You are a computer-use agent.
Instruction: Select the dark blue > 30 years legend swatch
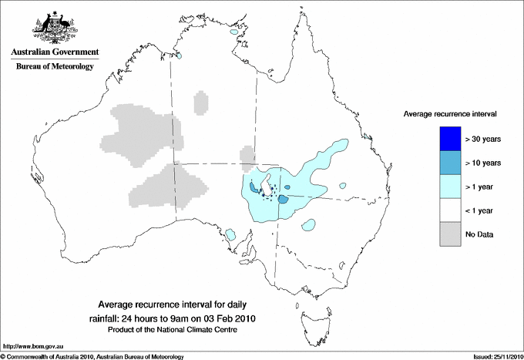coord(445,139)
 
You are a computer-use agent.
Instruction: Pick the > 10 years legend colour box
coord(445,163)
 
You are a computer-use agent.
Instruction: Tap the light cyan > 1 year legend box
coord(445,186)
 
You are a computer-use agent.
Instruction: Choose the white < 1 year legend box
coord(445,210)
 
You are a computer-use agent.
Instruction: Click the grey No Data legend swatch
coord(445,234)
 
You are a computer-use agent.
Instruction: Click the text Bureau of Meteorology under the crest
coord(55,67)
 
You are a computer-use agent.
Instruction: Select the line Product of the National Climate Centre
coord(176,330)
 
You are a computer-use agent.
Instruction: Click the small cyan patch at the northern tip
coord(233,33)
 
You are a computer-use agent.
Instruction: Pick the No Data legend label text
coord(479,234)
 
